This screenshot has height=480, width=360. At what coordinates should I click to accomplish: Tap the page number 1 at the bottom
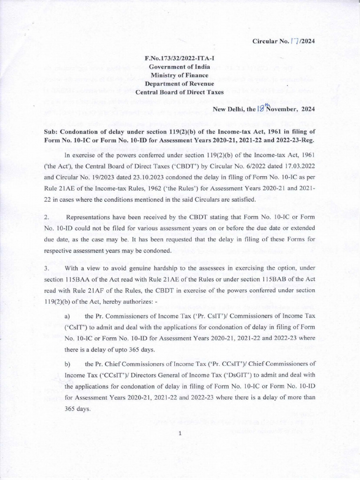(x=180, y=433)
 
